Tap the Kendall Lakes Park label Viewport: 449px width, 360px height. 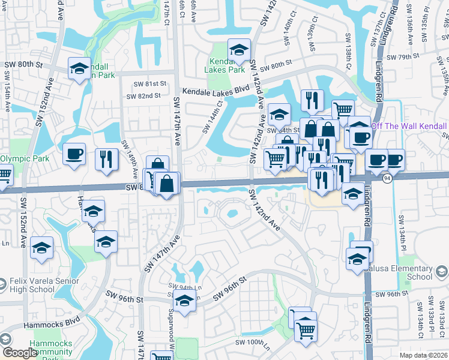pyautogui.click(x=227, y=65)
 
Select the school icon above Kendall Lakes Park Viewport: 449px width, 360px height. pyautogui.click(x=239, y=50)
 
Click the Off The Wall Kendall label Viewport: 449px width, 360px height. pyautogui.click(x=409, y=126)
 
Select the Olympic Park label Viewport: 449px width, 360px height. pyautogui.click(x=23, y=159)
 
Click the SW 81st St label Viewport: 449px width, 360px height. pyautogui.click(x=149, y=84)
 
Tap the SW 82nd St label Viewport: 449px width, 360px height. pyautogui.click(x=143, y=96)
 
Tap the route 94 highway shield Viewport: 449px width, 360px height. pyautogui.click(x=387, y=179)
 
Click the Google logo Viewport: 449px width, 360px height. pyautogui.click(x=19, y=353)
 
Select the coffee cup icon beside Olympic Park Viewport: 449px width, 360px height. pyautogui.click(x=74, y=154)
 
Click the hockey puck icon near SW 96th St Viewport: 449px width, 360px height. pyautogui.click(x=184, y=301)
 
